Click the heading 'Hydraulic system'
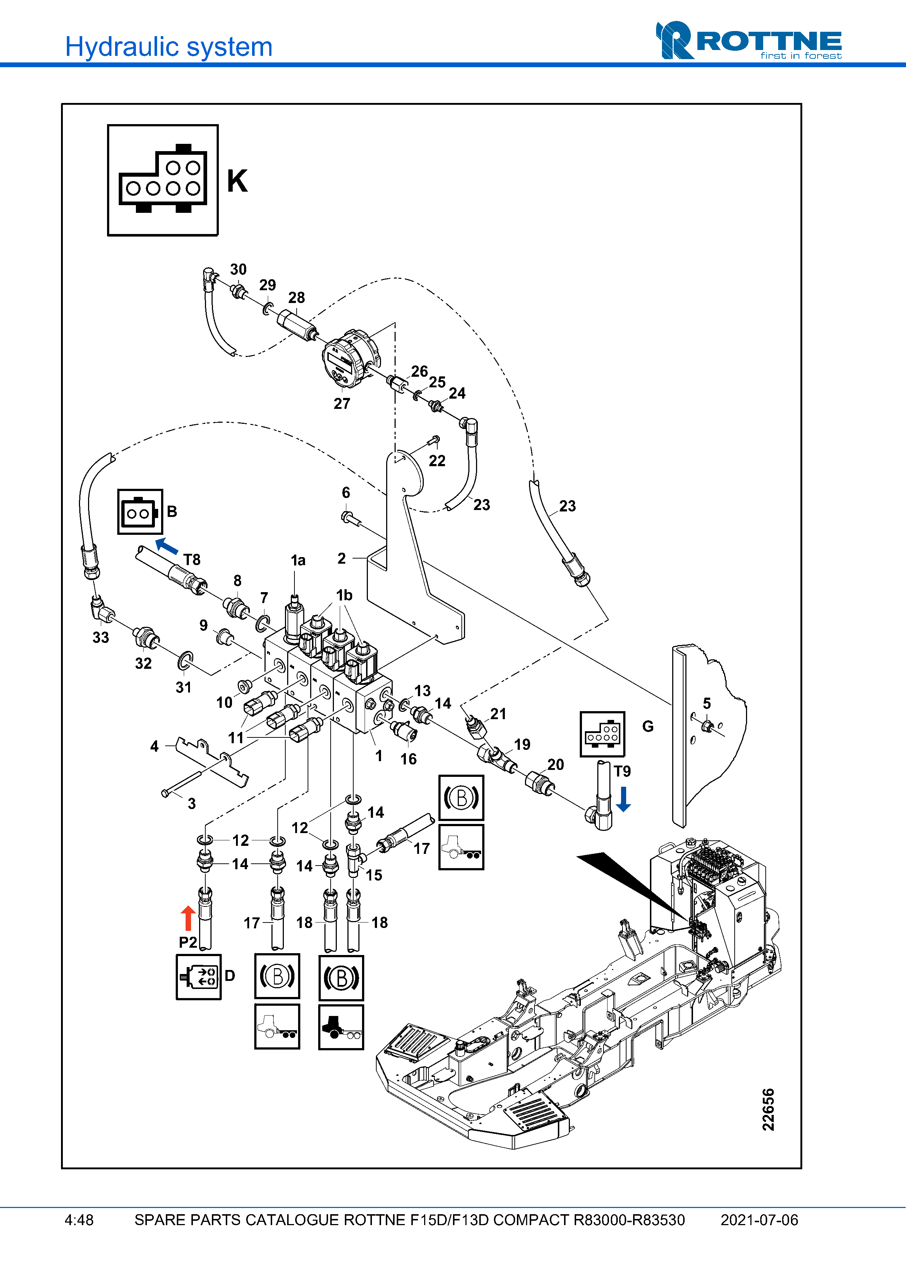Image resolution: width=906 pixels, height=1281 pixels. [x=168, y=47]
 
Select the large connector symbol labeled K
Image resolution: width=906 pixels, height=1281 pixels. [x=163, y=180]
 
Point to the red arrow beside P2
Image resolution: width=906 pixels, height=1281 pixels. [x=188, y=918]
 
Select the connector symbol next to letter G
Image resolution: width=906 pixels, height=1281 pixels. [x=602, y=734]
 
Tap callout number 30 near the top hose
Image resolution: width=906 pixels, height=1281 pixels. [x=238, y=269]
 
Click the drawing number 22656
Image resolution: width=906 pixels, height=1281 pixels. [x=768, y=1109]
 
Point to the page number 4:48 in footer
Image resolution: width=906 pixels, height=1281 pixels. [x=79, y=1220]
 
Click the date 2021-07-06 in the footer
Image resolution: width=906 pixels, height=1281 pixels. [x=759, y=1220]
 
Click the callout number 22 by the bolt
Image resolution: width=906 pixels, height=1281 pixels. [x=437, y=461]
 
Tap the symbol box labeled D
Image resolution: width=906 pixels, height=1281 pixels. [x=199, y=977]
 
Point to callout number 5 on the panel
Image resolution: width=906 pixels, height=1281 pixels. [x=707, y=703]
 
